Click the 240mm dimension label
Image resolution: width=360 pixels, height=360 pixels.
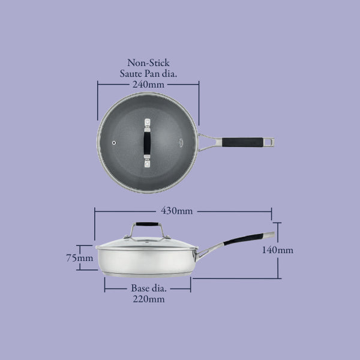(148, 84)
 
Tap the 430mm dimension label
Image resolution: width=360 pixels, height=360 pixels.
(176, 211)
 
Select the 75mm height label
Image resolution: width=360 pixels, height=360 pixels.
(80, 258)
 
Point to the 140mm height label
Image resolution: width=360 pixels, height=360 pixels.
(277, 250)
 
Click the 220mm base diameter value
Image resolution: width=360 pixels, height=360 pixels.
(148, 299)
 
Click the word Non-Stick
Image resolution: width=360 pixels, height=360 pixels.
(148, 62)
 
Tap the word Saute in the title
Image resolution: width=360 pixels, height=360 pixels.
(133, 73)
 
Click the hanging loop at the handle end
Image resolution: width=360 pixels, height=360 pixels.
(272, 142)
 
